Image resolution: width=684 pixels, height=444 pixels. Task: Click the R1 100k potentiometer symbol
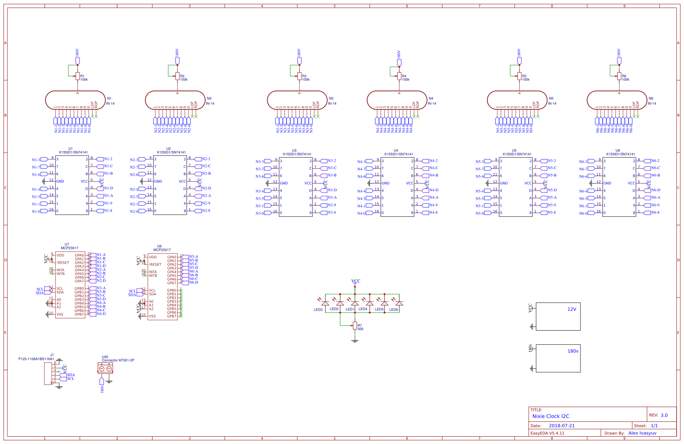click(x=78, y=76)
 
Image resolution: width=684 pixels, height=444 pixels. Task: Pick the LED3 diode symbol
click(x=325, y=303)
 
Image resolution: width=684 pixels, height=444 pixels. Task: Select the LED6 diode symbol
click(x=399, y=303)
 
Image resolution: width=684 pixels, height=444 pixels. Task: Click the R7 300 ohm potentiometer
click(x=355, y=325)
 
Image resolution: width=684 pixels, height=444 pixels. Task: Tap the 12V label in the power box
click(x=572, y=309)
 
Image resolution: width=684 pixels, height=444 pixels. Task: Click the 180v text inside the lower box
click(x=573, y=351)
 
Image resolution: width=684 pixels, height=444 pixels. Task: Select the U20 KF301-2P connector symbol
click(x=105, y=368)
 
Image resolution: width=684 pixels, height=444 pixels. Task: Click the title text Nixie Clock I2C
click(x=551, y=416)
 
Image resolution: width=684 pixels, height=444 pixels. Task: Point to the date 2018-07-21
click(x=562, y=426)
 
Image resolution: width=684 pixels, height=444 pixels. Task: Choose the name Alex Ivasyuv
click(x=642, y=433)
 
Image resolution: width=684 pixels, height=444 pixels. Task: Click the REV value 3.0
click(x=664, y=415)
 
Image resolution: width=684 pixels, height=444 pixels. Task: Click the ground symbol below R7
click(x=355, y=341)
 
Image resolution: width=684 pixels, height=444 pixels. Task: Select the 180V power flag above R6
click(x=619, y=60)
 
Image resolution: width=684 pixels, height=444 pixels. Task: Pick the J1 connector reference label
click(x=52, y=355)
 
